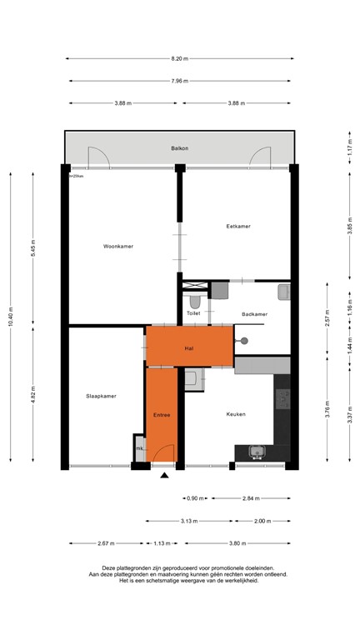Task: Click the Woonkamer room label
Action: (x=118, y=246)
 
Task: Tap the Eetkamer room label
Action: (x=238, y=226)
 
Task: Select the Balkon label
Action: (x=179, y=148)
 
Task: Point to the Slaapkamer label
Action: (x=101, y=396)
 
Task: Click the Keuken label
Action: (x=234, y=414)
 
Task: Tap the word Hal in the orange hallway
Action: (x=189, y=347)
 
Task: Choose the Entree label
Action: (x=162, y=414)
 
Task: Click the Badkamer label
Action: (x=254, y=314)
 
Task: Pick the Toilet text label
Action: (x=193, y=314)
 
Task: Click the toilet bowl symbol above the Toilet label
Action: (x=195, y=300)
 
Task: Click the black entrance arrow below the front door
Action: (x=164, y=475)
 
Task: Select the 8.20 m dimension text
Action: (x=179, y=58)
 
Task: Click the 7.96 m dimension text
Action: (x=179, y=81)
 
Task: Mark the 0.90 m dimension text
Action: (x=193, y=498)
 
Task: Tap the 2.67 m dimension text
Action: (x=106, y=543)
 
